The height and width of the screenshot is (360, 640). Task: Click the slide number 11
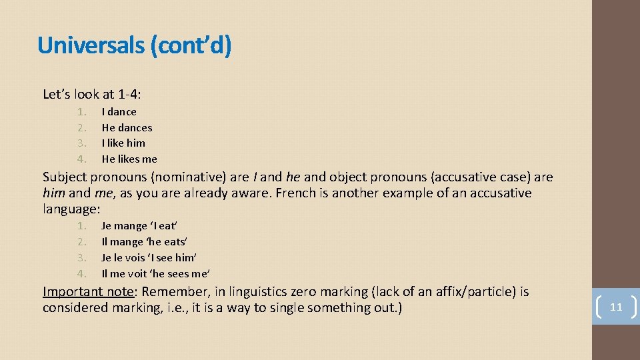(x=616, y=307)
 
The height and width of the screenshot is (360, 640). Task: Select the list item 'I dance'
(x=119, y=112)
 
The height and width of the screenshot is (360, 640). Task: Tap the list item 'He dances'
(x=127, y=127)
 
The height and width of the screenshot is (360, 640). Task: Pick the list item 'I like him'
(x=123, y=143)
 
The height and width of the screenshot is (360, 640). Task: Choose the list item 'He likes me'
(x=129, y=159)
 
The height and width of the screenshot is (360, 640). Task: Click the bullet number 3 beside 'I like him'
(x=81, y=143)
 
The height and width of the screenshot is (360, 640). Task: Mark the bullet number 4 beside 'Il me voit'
(x=81, y=273)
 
